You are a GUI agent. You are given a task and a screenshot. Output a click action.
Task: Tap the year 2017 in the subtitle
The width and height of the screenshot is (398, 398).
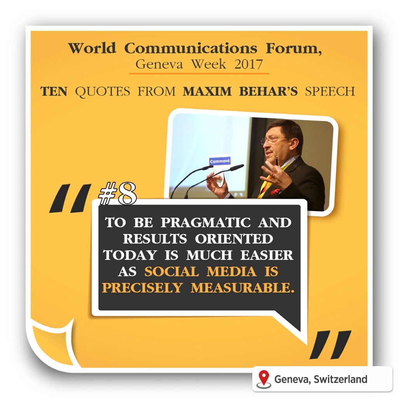(248, 64)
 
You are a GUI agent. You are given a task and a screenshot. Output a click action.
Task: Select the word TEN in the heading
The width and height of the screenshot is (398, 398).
(54, 91)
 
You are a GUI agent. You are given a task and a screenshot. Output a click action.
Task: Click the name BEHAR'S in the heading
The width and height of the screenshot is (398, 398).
(268, 91)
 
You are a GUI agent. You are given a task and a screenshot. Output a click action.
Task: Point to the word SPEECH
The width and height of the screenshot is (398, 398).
(330, 91)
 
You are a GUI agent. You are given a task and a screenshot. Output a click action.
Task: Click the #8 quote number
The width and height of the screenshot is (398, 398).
(117, 194)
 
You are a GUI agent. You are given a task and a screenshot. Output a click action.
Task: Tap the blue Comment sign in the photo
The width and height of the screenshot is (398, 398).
(220, 161)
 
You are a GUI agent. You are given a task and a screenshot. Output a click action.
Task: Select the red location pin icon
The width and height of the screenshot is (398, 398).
(264, 379)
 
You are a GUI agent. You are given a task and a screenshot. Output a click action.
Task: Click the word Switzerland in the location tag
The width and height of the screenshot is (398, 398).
(340, 379)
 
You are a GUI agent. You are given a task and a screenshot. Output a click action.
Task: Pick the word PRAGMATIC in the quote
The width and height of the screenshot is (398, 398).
(206, 223)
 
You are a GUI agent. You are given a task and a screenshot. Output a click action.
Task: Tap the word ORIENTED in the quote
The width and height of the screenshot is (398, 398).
(234, 239)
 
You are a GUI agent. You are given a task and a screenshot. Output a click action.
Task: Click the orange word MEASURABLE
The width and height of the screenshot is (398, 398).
(243, 288)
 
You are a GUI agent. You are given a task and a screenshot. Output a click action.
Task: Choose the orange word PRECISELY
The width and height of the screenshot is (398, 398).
(142, 288)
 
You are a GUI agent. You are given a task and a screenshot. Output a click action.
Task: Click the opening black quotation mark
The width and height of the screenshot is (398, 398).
(70, 198)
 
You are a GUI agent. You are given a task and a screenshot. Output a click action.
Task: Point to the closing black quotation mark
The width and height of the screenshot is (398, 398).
(330, 345)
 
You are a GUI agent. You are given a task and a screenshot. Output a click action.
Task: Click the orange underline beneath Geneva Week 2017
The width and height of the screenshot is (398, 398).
(199, 73)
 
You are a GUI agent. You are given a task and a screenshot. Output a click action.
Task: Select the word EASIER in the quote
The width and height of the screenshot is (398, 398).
(267, 255)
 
